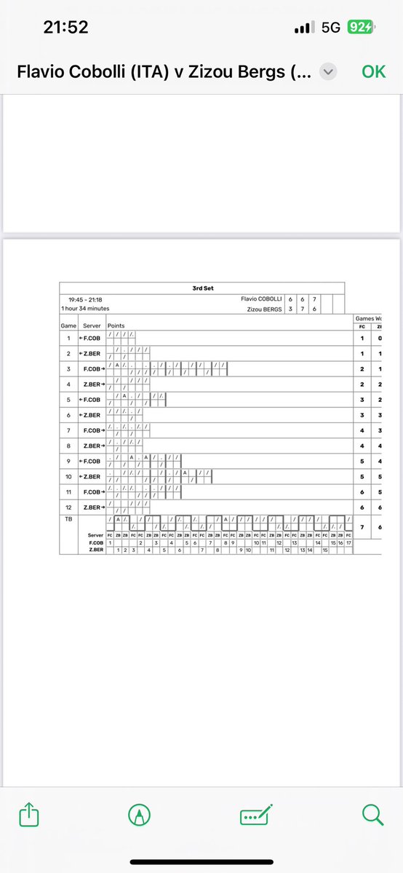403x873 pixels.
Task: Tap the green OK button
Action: (x=374, y=71)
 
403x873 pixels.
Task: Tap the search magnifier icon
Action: (x=372, y=814)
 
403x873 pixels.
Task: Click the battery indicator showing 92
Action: (x=361, y=28)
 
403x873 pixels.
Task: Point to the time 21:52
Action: (x=65, y=28)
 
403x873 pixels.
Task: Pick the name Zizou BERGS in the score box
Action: (x=265, y=309)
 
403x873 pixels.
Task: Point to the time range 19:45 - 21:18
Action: (x=84, y=299)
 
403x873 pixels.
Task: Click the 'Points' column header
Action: (x=116, y=325)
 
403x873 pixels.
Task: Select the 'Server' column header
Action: (x=92, y=325)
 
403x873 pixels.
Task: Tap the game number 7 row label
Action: (x=68, y=430)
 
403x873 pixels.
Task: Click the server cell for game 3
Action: (x=92, y=369)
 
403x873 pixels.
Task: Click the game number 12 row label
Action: (x=68, y=507)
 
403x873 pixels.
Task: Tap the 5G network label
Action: (x=331, y=28)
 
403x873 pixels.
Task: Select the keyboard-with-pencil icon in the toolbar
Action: (x=256, y=814)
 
